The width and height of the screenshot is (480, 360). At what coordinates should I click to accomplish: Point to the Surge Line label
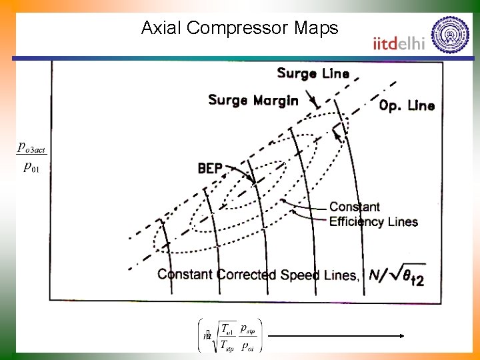click(x=313, y=73)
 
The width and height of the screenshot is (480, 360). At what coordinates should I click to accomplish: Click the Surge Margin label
click(x=253, y=101)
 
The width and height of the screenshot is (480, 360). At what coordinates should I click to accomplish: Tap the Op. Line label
click(x=407, y=105)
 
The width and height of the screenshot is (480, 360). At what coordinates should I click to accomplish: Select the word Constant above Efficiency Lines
click(x=354, y=207)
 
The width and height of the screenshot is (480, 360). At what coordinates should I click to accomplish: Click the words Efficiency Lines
click(x=373, y=222)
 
